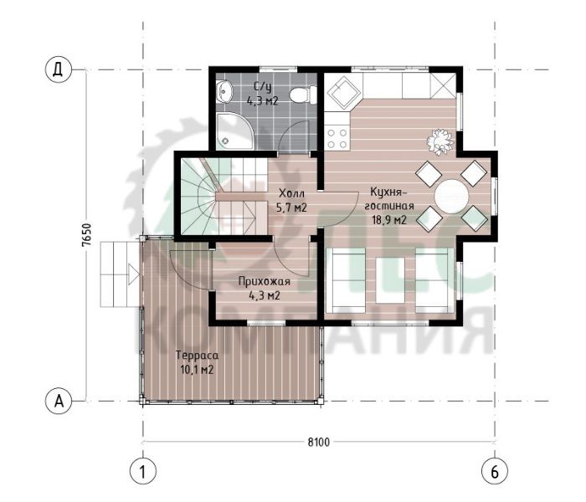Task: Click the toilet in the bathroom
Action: tap(303, 95)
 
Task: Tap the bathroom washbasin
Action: tap(224, 91)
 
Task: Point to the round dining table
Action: tap(451, 197)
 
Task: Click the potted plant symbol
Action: tap(441, 141)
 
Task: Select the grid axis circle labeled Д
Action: tap(58, 69)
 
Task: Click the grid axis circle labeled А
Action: tap(58, 401)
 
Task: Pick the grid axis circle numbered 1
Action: tap(143, 472)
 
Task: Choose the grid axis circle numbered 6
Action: tap(495, 472)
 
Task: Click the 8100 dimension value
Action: tap(319, 443)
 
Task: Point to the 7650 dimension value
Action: tap(86, 235)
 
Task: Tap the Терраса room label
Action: tap(197, 356)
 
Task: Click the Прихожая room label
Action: tap(265, 281)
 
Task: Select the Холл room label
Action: tap(292, 193)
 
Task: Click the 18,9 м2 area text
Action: tap(388, 220)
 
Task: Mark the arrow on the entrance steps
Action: tap(133, 274)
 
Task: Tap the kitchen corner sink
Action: tap(343, 93)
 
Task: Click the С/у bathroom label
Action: tap(263, 87)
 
